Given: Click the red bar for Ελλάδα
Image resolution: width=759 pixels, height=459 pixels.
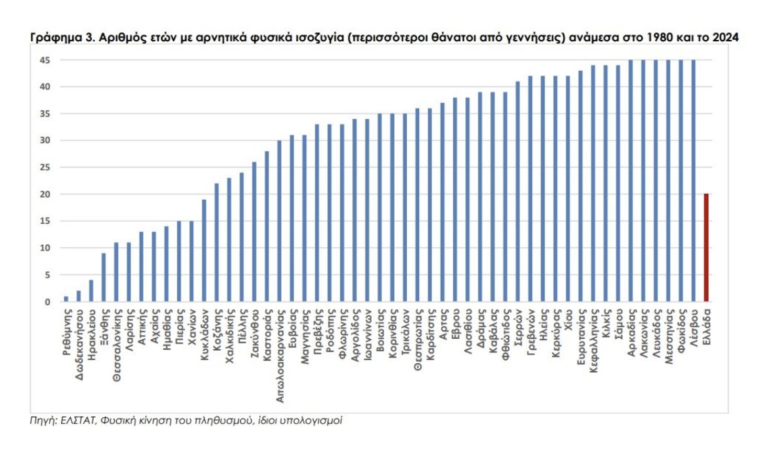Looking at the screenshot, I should (x=706, y=248).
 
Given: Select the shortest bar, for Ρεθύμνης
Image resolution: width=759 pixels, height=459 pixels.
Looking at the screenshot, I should (x=66, y=299).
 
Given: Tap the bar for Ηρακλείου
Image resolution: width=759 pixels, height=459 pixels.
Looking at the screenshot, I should (x=91, y=291).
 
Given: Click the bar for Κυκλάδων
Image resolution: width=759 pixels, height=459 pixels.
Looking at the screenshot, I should (x=204, y=251).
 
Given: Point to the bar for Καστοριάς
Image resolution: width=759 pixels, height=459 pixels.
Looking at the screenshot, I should (x=267, y=226).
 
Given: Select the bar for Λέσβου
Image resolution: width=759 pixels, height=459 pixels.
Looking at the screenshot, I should (x=693, y=181).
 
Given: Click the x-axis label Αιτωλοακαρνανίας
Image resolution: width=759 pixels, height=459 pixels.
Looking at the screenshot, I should (x=280, y=356).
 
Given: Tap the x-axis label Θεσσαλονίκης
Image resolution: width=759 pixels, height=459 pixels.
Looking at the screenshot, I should (x=117, y=345).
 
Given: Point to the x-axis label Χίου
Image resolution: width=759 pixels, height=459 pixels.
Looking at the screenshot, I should (x=568, y=320).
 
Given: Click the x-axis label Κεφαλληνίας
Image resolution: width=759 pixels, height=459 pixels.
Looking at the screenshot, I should (x=594, y=340).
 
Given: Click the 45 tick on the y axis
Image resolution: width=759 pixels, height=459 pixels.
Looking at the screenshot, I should (x=45, y=60).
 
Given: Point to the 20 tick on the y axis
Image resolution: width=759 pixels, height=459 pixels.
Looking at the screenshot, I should (x=45, y=194).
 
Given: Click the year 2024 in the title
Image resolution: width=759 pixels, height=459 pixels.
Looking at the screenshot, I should (x=725, y=38).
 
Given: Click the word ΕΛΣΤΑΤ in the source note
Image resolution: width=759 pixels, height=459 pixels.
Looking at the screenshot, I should (x=79, y=420).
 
